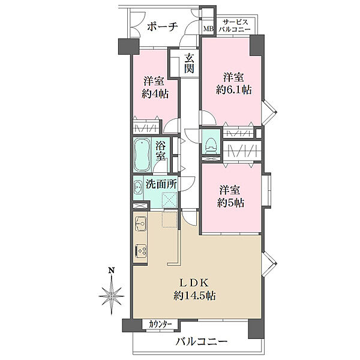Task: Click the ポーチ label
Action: pos(163,26)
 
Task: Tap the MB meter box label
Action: pos(209,29)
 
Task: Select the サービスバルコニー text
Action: pos(235,26)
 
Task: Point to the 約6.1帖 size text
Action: pos(234,90)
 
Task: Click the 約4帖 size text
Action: pos(155,94)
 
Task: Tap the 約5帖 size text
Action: pos(230,203)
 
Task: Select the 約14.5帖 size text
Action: pos(194,296)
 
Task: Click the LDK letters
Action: pos(194,283)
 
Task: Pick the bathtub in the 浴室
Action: pos(142,155)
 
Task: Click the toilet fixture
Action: pos(211,146)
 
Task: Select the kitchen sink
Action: pos(140,223)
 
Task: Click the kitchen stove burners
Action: pos(141,250)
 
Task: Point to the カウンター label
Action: pos(160,325)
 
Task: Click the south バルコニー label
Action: pos(201,342)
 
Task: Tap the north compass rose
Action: pos(112,295)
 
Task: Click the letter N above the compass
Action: pos(112,270)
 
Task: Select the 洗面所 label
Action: pos(161,184)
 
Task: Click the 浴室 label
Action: pos(160,151)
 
